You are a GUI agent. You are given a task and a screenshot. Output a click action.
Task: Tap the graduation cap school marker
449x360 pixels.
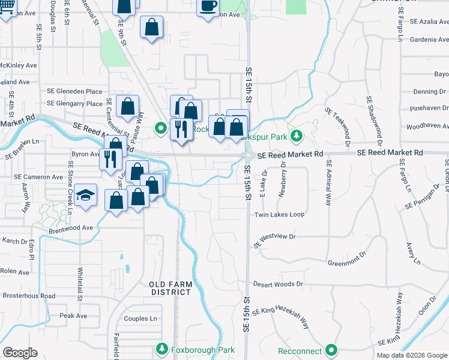coord(86,195)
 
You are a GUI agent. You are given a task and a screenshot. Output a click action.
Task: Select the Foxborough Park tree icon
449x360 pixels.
coord(161,349)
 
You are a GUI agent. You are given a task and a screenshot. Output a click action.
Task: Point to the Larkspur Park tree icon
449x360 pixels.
coord(295,136)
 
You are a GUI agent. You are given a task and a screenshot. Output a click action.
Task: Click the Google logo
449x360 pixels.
coord(20,353)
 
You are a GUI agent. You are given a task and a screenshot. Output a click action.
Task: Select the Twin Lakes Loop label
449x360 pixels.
coord(279,214)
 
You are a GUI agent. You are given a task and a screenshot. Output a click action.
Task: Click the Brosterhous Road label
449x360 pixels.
coord(28,296)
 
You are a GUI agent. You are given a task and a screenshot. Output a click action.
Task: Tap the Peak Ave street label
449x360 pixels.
coord(73,316)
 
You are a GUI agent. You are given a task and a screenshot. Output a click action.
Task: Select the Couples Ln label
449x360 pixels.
coord(140,319)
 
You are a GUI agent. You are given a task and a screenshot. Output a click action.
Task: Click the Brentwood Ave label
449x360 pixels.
coord(71,228)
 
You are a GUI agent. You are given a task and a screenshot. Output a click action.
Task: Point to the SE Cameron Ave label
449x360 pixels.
coord(38,178)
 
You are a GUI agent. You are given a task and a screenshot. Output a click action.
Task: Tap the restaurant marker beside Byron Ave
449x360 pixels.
coord(109,158)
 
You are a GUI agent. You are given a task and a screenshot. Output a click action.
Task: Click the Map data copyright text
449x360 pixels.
coord(412,355)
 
